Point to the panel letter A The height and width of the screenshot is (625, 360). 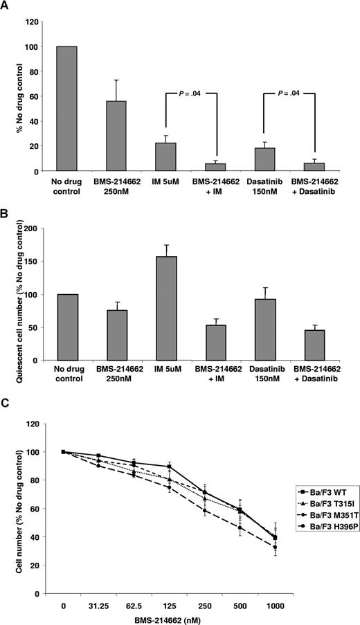tap(6, 7)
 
